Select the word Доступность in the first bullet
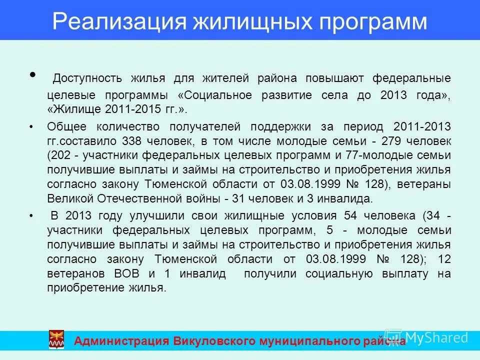(87, 78)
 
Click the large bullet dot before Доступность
(33, 75)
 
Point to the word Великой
(66, 198)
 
